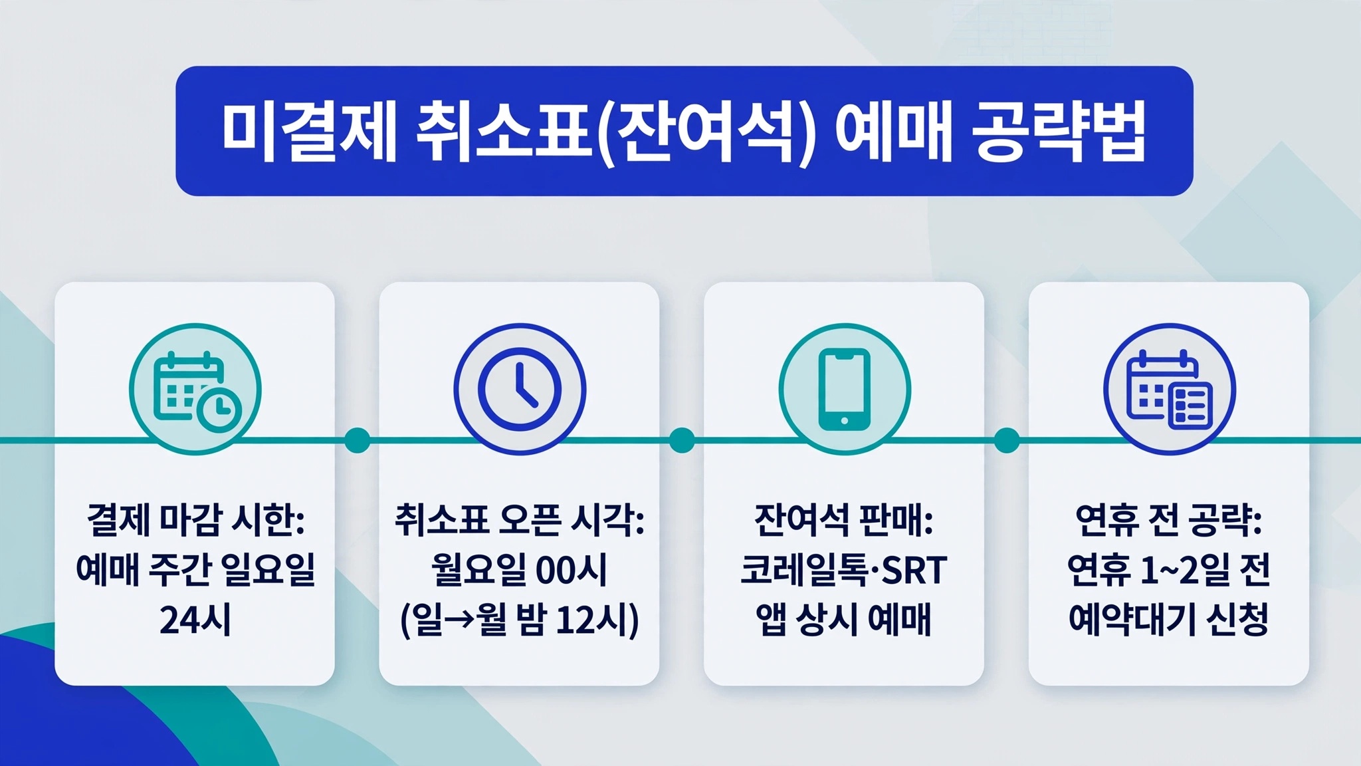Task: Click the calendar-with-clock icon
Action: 195,390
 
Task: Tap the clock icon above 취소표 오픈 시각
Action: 520,390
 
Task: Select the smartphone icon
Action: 844,390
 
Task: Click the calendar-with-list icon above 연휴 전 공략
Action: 1170,390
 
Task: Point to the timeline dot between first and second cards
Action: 358,440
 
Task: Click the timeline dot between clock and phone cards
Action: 682,440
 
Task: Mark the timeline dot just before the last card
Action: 1007,440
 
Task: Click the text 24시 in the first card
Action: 195,620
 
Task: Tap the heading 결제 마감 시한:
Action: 195,519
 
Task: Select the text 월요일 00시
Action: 520,570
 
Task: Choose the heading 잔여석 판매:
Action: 844,519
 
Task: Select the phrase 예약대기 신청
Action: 1169,620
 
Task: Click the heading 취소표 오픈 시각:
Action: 520,519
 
